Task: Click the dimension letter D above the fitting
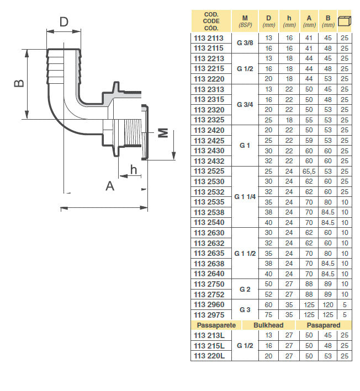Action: click(x=64, y=22)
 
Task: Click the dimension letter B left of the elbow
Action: click(x=19, y=83)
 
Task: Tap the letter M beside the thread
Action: click(x=163, y=133)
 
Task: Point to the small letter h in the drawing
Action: click(x=134, y=169)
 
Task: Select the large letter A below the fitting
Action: click(x=110, y=186)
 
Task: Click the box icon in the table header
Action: click(x=345, y=21)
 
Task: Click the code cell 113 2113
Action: click(x=209, y=38)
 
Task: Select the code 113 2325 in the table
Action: click(x=209, y=120)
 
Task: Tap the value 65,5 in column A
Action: click(x=309, y=172)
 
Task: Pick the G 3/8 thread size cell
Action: click(x=245, y=43)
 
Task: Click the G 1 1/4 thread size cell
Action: click(x=245, y=197)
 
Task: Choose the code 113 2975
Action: click(x=209, y=315)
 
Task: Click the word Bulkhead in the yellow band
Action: click(x=268, y=325)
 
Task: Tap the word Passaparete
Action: click(x=216, y=325)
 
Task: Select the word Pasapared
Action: click(x=324, y=325)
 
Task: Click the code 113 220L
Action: click(x=209, y=356)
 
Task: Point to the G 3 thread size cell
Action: click(x=245, y=310)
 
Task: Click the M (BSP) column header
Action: click(x=245, y=21)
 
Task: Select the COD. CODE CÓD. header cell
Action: click(x=211, y=21)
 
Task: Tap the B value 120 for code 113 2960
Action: click(x=328, y=305)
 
